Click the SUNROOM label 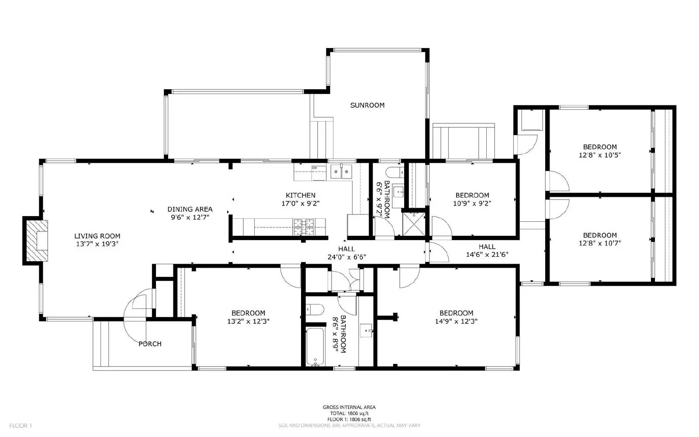coord(367,105)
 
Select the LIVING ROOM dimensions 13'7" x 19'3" coord(97,244)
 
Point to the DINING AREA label coord(190,209)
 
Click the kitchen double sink coord(341,172)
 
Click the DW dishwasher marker coord(314,168)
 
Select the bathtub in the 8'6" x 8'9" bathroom coord(315,346)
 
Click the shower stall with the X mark coord(414,224)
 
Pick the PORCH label coord(150,344)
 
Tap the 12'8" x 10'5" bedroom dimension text coord(600,155)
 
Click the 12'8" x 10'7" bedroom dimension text coord(600,243)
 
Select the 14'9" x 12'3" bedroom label coord(456,321)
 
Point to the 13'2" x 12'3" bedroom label coord(248,321)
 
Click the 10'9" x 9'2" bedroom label coord(472,203)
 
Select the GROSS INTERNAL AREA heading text coord(349,407)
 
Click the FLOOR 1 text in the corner coord(21,425)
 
